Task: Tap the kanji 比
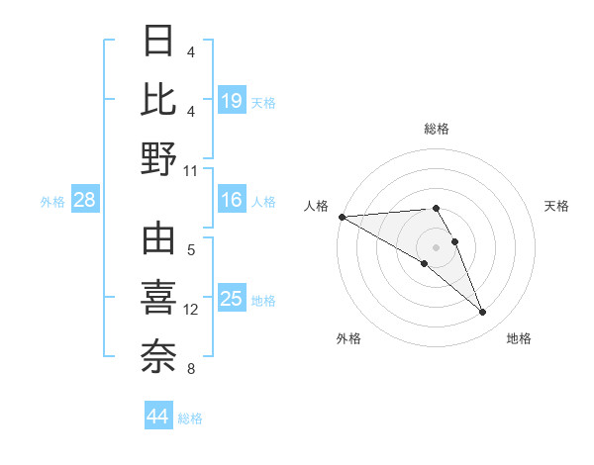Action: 159,99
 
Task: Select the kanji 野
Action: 159,158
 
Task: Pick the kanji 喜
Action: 159,298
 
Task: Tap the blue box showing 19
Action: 231,100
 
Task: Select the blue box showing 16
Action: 231,201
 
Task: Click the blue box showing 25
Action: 231,299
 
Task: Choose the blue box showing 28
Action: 84,201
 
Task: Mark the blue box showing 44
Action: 157,417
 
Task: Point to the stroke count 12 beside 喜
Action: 191,310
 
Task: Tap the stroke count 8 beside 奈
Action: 190,369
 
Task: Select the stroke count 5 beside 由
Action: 190,249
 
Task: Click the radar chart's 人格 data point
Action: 342,217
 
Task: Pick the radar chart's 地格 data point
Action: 482,313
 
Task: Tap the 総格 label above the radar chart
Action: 437,129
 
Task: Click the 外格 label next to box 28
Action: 52,202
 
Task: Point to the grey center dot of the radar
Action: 437,246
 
